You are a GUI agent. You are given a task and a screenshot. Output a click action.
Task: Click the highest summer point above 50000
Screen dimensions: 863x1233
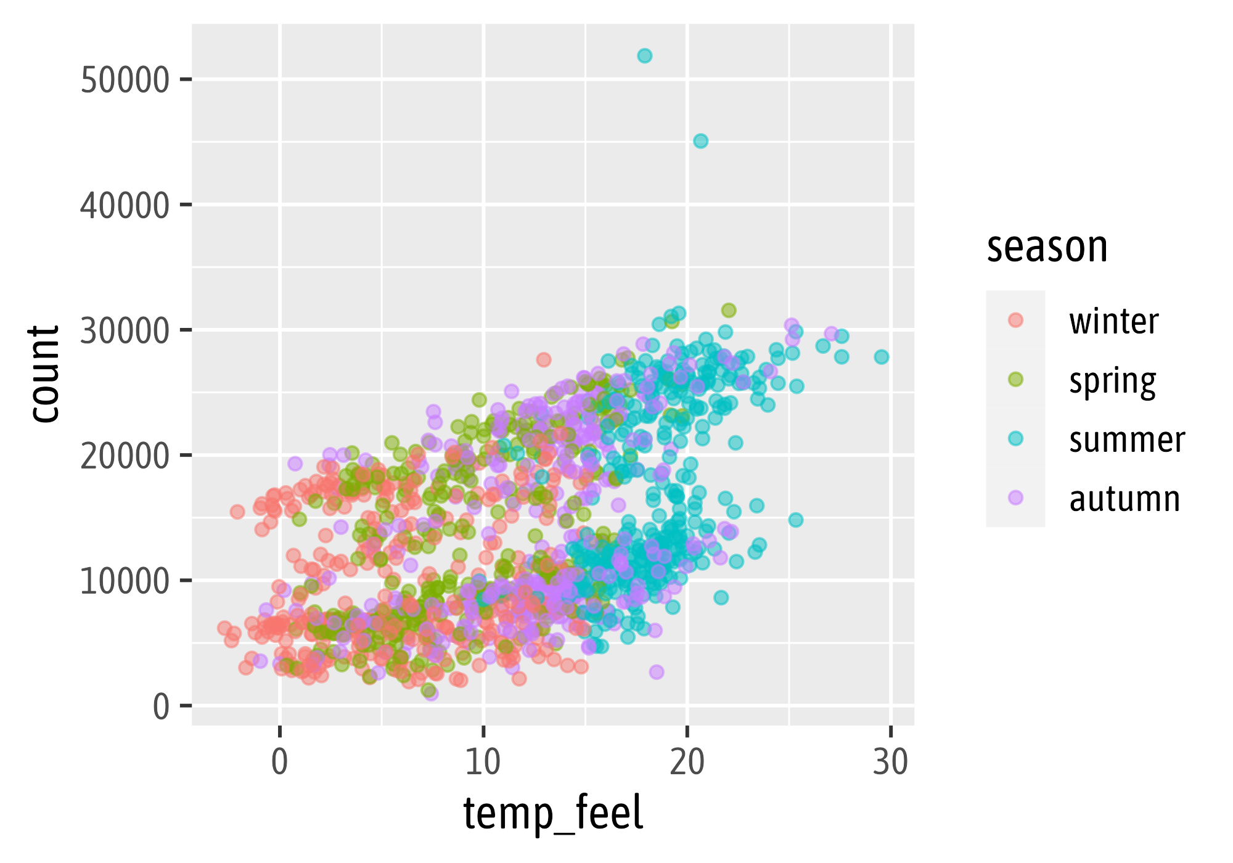644,56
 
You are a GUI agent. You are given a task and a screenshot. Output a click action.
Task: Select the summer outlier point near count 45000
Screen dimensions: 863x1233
700,141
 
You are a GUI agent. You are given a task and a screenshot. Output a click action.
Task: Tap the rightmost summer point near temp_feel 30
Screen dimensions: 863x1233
882,357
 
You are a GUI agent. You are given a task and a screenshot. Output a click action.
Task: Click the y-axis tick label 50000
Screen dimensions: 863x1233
125,80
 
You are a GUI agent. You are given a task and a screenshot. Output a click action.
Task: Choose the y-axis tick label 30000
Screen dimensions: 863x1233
125,331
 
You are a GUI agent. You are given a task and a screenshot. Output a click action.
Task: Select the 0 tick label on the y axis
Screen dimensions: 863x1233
161,707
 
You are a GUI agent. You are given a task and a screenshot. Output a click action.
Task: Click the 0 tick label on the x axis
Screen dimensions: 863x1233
280,763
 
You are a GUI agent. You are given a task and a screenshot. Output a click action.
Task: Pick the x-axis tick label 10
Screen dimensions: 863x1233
483,763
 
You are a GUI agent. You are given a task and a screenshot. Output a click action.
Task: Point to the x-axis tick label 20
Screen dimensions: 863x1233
687,763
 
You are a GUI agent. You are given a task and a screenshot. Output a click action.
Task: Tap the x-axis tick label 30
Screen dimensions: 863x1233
890,763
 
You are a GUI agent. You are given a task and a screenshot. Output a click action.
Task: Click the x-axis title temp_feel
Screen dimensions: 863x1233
553,814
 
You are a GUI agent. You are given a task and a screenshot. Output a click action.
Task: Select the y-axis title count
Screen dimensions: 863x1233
44,374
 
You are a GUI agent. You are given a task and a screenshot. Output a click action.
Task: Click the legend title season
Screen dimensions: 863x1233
1047,248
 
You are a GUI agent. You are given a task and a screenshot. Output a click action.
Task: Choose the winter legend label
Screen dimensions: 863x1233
1113,321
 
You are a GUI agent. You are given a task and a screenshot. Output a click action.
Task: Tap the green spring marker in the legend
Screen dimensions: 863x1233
1015,379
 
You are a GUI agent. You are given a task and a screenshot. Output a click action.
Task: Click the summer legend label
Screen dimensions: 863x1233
1126,440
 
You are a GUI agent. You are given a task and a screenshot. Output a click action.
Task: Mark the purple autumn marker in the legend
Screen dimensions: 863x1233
1015,497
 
